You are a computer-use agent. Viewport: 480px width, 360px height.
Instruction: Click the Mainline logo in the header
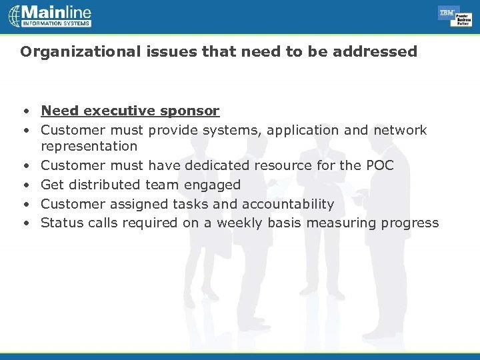[50, 16]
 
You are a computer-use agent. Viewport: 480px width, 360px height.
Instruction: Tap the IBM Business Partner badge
[455, 16]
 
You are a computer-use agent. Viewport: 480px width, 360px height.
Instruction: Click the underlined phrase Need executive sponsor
[130, 111]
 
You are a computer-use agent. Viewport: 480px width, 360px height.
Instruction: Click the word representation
[89, 146]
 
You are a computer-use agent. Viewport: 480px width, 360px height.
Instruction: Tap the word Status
[60, 223]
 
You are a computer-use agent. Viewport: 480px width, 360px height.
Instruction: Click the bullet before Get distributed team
[24, 185]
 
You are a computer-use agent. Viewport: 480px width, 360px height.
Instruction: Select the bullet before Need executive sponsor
[24, 111]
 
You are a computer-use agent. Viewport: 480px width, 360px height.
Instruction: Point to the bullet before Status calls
[24, 223]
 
